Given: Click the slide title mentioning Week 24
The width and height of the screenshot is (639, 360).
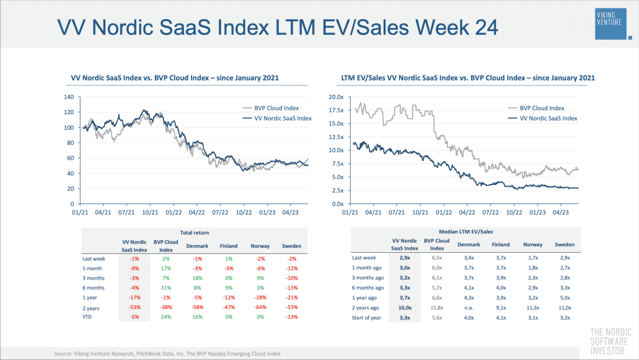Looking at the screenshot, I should [x=277, y=27].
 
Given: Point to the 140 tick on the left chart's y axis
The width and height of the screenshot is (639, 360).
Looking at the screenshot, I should [x=69, y=97].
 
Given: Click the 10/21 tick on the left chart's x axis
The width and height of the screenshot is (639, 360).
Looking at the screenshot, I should [x=149, y=213].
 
